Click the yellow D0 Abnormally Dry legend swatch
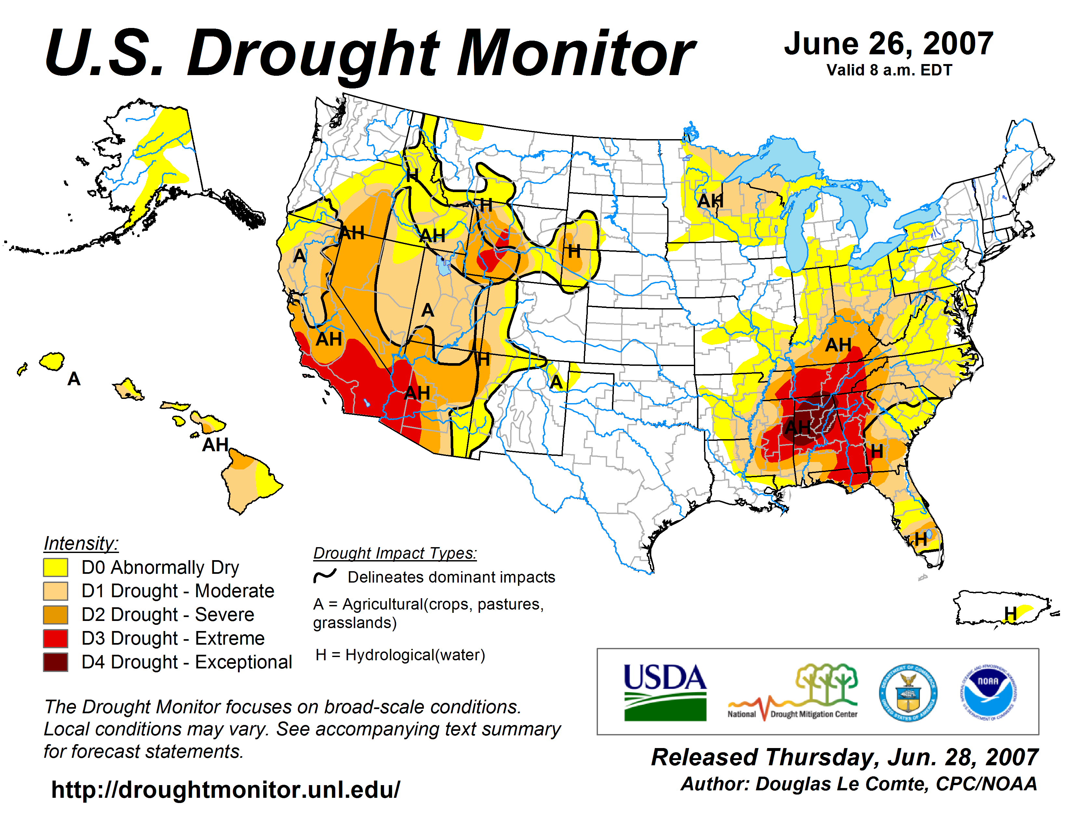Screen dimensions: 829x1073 tap(56, 567)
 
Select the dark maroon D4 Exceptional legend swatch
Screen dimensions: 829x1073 tap(56, 662)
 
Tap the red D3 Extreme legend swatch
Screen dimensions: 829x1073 tap(56, 638)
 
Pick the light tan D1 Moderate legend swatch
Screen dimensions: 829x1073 tap(56, 591)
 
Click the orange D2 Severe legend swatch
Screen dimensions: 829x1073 tap(56, 614)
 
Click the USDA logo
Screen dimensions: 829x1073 tap(665, 692)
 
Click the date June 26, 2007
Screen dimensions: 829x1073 tap(888, 43)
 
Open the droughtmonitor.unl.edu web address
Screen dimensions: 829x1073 tap(226, 790)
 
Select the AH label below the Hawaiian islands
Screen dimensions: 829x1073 tap(215, 445)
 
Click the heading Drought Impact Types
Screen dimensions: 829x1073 tap(395, 554)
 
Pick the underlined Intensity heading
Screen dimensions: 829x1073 tap(81, 544)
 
